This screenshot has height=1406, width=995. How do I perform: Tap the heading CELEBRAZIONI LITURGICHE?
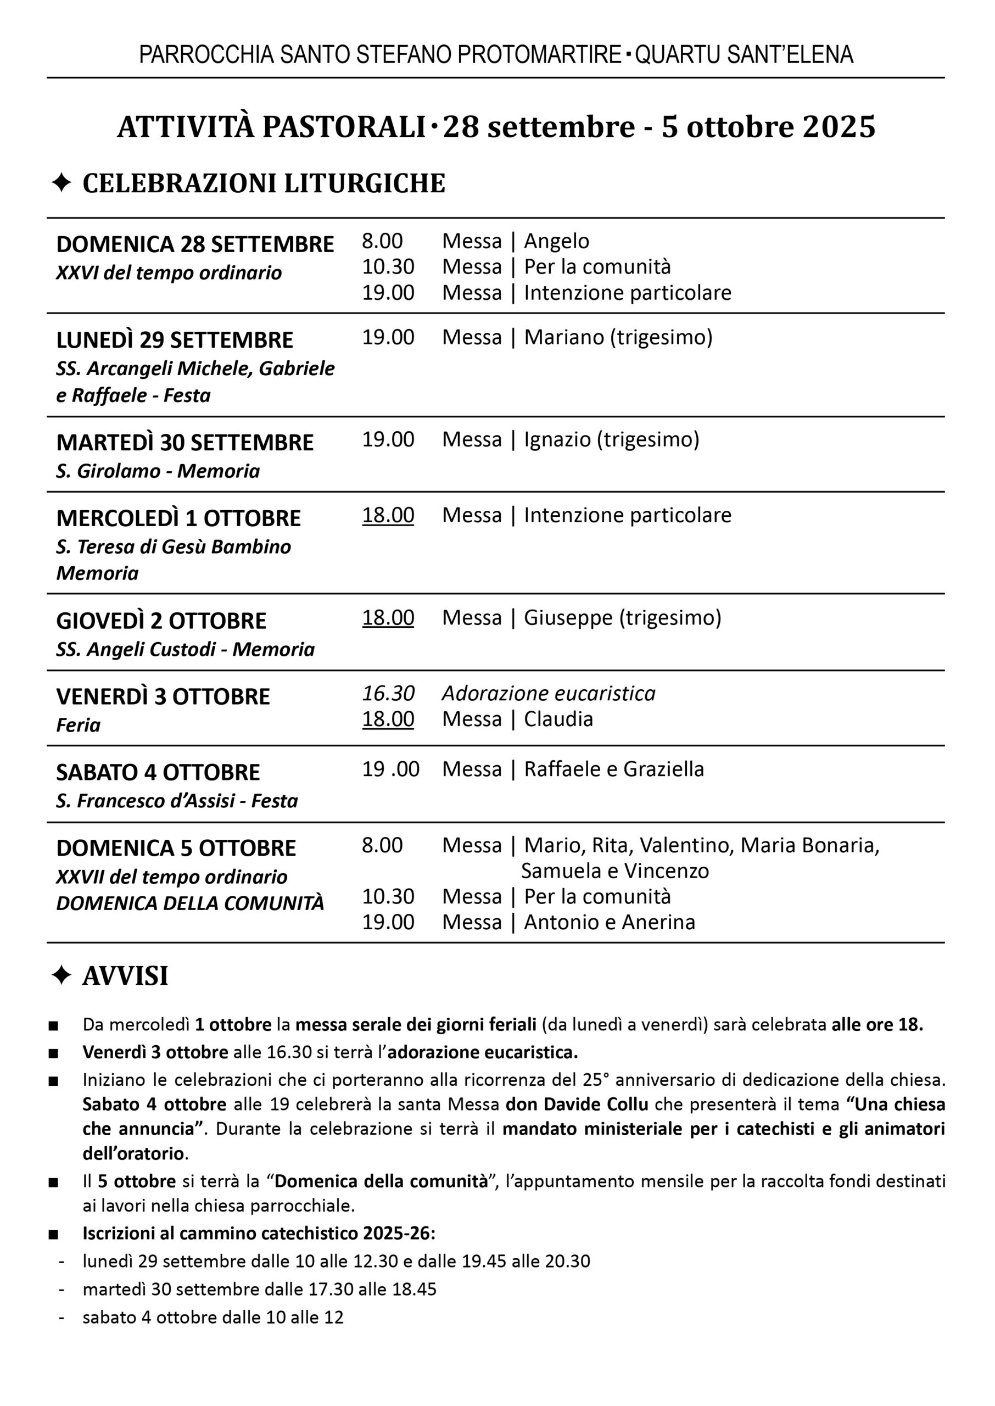coord(264,184)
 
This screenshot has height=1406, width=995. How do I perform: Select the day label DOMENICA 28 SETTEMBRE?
coord(195,244)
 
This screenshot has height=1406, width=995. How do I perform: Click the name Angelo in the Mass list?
coord(556,241)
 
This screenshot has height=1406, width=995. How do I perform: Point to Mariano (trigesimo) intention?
coord(618,337)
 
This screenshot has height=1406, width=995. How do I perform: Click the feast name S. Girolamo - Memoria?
coord(158,471)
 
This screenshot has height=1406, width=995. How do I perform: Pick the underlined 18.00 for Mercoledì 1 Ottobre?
coord(388,515)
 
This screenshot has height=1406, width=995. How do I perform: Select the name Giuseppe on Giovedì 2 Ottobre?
coord(568,617)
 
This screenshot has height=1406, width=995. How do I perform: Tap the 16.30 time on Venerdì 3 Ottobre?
coord(388,694)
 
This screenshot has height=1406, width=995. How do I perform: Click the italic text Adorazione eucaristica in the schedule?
coord(549,694)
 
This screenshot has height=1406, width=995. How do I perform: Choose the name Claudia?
coord(558,719)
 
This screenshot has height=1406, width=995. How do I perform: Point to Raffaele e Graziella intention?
coord(614,769)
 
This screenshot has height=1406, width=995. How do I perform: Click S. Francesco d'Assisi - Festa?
coord(176,801)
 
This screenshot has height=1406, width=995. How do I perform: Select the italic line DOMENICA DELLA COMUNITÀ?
coord(190,903)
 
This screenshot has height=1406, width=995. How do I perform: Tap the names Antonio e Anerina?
coord(610,922)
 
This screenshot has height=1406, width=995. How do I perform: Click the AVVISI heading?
coord(125,976)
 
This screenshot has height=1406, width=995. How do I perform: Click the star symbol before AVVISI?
coord(62,975)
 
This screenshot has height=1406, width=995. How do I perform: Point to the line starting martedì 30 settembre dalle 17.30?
coord(259,1289)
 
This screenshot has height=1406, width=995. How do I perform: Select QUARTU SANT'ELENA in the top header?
coord(744,55)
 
